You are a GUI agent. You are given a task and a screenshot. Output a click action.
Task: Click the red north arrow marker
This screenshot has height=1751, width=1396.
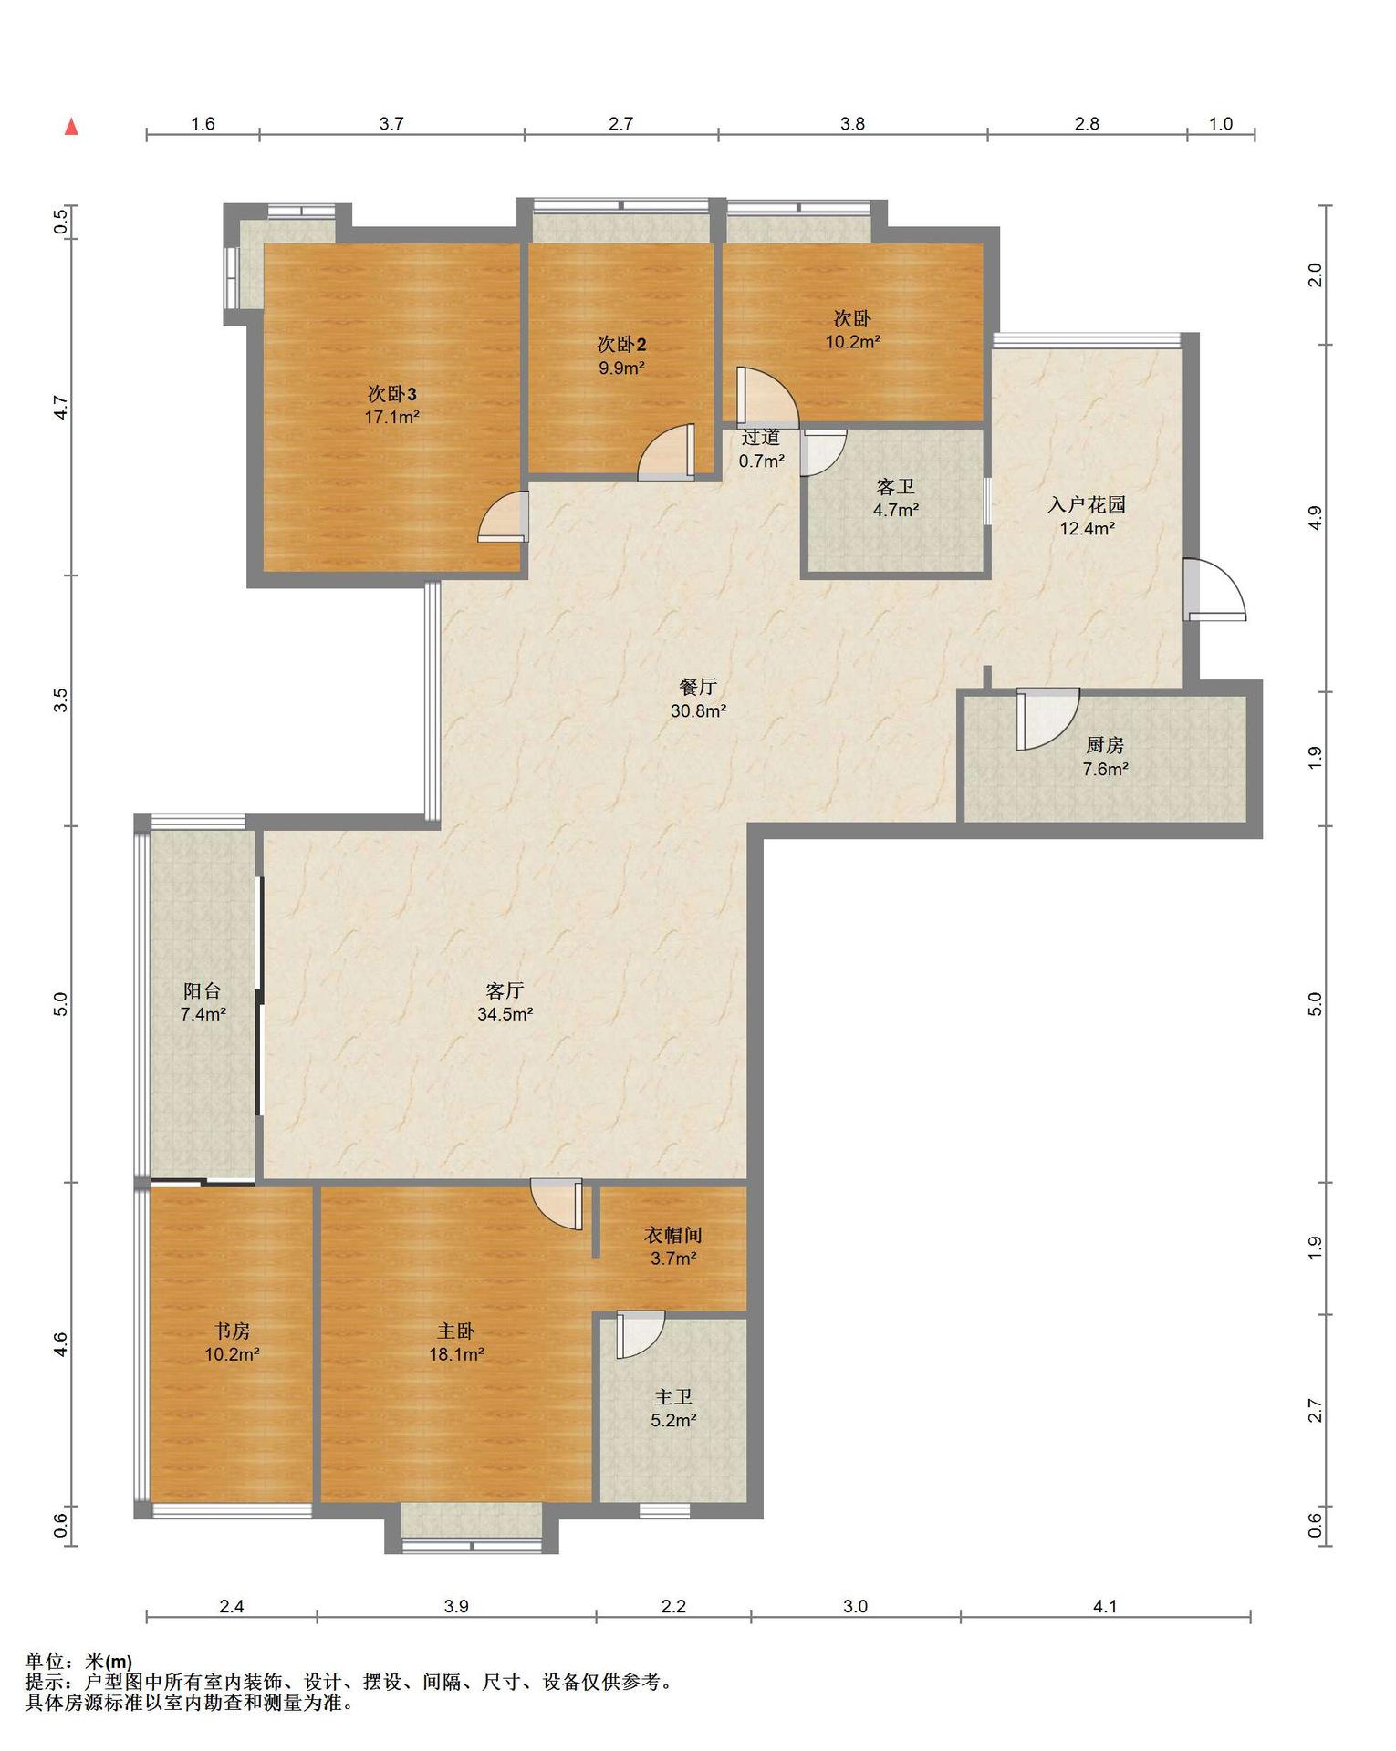(71, 127)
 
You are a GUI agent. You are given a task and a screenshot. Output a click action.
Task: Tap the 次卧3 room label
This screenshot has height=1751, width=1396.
(392, 394)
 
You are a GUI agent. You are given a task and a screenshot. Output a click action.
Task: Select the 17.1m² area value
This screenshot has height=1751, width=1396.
(392, 418)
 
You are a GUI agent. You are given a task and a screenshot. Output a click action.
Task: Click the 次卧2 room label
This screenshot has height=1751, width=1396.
(621, 345)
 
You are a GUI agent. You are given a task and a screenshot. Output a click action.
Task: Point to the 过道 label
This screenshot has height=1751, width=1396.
(761, 438)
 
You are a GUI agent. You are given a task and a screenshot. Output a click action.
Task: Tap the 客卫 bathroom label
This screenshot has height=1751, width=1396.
(895, 487)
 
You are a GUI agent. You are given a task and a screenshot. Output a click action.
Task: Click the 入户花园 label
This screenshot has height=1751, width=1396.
(1087, 504)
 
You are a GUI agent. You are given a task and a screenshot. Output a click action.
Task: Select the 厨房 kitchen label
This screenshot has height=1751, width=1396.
(1105, 745)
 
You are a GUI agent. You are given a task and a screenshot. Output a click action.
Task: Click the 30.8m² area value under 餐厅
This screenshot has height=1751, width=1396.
(699, 711)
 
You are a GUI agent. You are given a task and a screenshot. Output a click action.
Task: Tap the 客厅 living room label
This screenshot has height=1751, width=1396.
(505, 990)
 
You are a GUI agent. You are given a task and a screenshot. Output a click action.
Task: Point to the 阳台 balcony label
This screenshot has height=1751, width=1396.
(203, 990)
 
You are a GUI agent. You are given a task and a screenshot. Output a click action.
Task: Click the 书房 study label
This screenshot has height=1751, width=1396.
(232, 1331)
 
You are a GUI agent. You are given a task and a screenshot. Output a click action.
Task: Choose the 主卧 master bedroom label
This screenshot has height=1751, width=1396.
(456, 1331)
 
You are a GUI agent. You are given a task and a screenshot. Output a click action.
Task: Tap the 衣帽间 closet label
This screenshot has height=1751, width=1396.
(673, 1236)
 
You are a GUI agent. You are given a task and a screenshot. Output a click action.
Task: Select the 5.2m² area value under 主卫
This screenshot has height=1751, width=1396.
(673, 1420)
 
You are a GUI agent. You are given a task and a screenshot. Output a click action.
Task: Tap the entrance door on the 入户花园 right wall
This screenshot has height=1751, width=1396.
(1214, 590)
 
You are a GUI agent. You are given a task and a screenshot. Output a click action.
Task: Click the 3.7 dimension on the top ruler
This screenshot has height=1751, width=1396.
(391, 124)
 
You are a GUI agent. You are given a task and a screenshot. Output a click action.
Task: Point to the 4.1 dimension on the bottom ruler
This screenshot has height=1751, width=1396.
(1105, 1607)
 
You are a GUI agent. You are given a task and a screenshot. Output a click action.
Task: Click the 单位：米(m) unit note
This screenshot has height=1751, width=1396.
(78, 1663)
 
